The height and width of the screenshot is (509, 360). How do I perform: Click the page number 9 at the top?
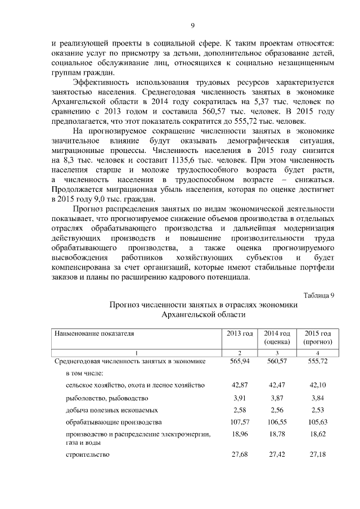(x=192, y=25)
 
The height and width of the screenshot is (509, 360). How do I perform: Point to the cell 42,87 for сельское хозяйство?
(x=240, y=385)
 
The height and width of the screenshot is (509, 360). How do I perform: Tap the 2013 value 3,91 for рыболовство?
(x=240, y=398)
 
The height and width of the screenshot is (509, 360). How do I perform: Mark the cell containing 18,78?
(x=277, y=435)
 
